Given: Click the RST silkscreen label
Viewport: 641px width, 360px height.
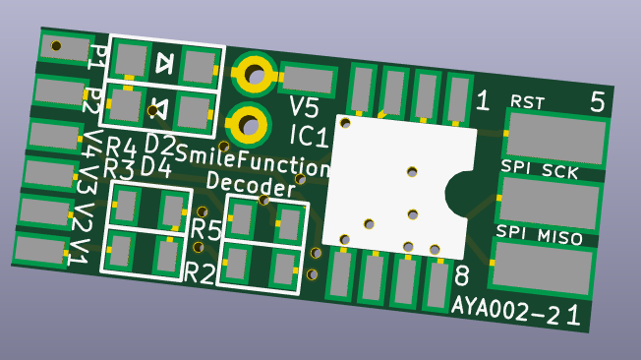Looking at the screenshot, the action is [x=528, y=102].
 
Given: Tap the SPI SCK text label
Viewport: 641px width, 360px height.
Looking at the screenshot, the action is [x=540, y=170].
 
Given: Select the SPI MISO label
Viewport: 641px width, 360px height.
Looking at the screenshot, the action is [x=539, y=235].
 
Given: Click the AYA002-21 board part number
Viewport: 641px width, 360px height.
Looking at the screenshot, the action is [x=516, y=313].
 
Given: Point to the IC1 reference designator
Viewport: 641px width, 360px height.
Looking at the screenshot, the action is [x=309, y=136].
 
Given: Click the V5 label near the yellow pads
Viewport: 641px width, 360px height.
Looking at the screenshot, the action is [x=304, y=107].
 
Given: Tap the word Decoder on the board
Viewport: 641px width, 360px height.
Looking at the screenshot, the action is [x=251, y=185].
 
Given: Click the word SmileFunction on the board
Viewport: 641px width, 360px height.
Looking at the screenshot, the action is [x=253, y=160].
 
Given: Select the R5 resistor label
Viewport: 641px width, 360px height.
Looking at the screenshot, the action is [x=206, y=228].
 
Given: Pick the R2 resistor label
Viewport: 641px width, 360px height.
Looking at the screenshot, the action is [x=200, y=272].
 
